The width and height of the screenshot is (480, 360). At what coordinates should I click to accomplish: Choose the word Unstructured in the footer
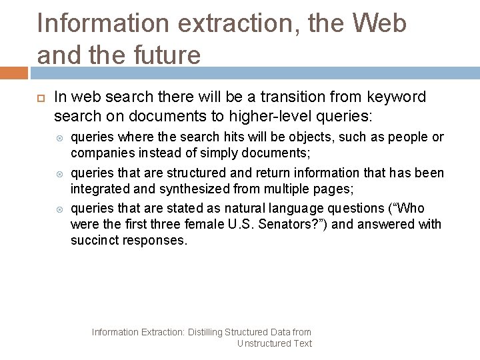point(264,343)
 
